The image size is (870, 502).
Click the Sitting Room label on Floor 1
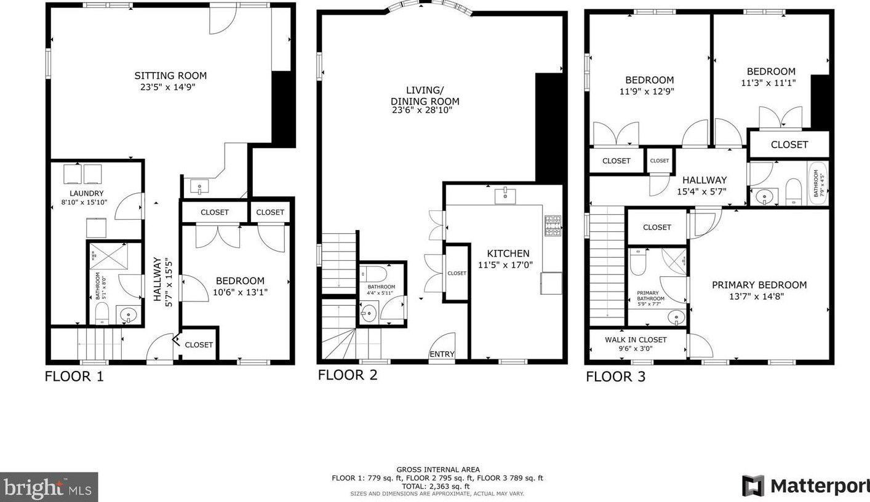[x=170, y=75]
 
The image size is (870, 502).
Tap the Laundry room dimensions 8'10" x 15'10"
[x=84, y=202]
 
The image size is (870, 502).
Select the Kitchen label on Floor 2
[x=508, y=253]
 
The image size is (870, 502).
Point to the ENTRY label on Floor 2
[x=442, y=354]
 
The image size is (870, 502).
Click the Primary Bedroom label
[x=759, y=285]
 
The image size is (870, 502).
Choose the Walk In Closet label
[x=636, y=340]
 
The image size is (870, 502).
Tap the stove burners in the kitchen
[x=553, y=226]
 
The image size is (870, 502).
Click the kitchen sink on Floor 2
[x=505, y=196]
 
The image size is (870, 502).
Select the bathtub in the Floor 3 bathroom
[x=818, y=183]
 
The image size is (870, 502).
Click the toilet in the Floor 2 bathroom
[x=373, y=274]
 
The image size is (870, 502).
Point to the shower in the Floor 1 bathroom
[x=108, y=257]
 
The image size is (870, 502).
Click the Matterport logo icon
[x=753, y=485]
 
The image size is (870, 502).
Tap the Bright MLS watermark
[x=49, y=488]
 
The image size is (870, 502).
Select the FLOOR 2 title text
[x=348, y=375]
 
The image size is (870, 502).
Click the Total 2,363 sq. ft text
[x=436, y=486]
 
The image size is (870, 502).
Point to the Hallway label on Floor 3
[x=704, y=180]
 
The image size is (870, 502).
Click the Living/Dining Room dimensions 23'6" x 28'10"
[x=422, y=110]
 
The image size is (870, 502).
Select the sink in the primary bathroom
[x=676, y=317]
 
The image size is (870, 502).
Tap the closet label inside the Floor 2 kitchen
[x=457, y=273]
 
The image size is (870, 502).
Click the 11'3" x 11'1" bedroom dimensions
[x=768, y=82]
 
